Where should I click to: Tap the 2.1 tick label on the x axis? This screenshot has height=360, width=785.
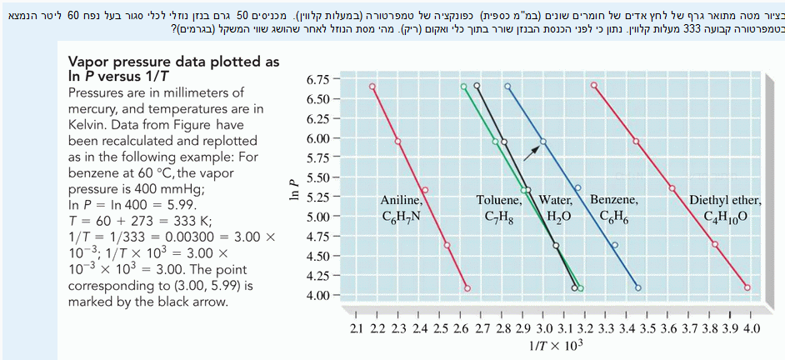tap(356, 329)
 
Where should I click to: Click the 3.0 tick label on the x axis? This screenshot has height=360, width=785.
tap(544, 329)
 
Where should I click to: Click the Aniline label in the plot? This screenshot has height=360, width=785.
tap(402, 200)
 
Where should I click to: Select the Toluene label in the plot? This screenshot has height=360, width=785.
tap(498, 200)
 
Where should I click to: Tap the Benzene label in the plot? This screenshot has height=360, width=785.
tap(614, 200)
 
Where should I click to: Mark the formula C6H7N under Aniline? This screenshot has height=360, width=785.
tap(402, 218)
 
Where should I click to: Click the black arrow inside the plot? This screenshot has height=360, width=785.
tap(531, 152)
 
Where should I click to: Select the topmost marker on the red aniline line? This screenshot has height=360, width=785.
tap(372, 86)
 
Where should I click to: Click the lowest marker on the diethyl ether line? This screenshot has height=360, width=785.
tap(747, 287)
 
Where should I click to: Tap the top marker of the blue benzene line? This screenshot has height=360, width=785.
tap(507, 86)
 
